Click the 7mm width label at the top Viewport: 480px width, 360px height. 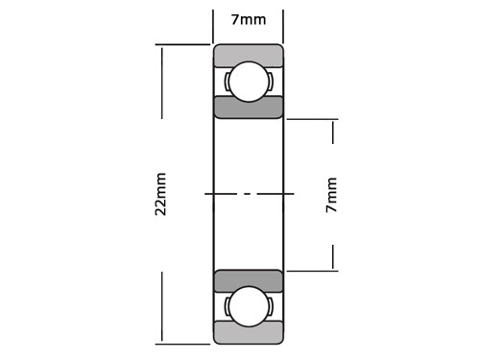(249, 20)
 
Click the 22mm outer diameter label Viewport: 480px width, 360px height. (160, 194)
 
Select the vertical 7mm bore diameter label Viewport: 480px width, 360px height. (331, 195)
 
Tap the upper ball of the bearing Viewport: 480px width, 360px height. (249, 82)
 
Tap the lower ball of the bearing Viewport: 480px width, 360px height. (249, 306)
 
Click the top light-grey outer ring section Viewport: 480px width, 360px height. (249, 56)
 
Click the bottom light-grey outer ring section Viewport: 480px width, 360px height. (249, 332)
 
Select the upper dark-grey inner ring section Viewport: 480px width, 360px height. (249, 108)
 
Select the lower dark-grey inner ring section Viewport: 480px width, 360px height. (249, 281)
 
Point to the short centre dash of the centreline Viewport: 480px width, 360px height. (248, 194)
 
